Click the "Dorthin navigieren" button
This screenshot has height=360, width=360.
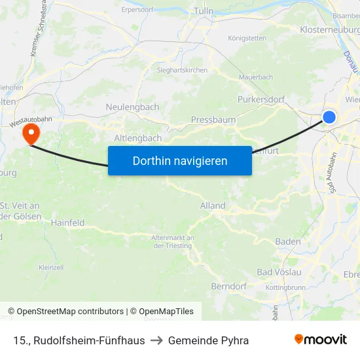(180, 160)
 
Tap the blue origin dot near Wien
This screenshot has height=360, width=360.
(329, 117)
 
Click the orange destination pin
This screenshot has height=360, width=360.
(31, 134)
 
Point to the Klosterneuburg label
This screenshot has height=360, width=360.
(329, 30)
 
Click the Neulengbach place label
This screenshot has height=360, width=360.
(132, 107)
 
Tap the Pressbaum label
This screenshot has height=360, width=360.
(213, 120)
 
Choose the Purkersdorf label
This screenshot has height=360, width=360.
(262, 100)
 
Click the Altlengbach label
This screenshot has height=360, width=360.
(137, 138)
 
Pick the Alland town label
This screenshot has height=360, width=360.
(213, 206)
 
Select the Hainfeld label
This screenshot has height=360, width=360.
(68, 223)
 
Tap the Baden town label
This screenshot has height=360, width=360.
(288, 242)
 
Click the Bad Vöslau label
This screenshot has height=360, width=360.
(279, 272)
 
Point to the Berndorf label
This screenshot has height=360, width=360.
(228, 287)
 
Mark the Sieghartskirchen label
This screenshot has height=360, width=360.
(182, 70)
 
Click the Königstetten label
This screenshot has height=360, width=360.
(247, 38)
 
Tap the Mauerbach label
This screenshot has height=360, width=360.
(256, 77)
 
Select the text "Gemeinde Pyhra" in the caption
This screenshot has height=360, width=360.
(208, 340)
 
